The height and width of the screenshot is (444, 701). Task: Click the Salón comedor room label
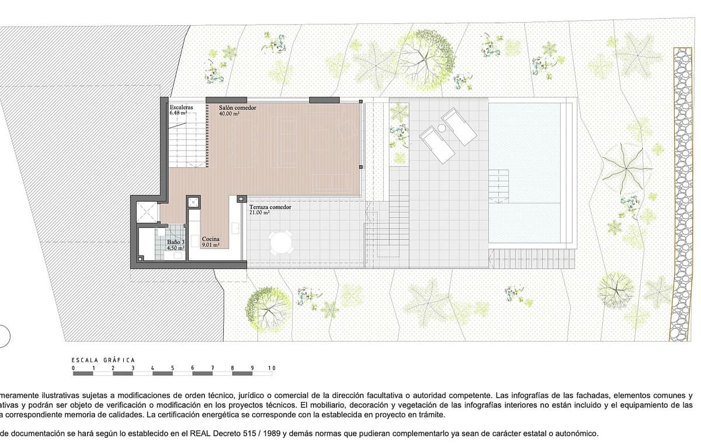point(238,108)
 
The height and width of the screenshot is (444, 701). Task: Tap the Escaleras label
point(182,108)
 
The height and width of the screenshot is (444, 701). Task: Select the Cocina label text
point(211,239)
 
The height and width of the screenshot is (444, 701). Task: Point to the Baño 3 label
point(176,242)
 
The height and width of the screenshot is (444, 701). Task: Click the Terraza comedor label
point(270,207)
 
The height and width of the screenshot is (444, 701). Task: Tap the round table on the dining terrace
point(282,243)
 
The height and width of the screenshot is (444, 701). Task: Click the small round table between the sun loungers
point(442,128)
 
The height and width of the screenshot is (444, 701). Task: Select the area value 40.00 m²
point(230,114)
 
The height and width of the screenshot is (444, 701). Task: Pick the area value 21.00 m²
point(259,214)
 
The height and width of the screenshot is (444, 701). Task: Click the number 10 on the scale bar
point(271,368)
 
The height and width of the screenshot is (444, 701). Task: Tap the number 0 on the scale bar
point(73,368)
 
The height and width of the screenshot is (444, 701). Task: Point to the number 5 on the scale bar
point(172,368)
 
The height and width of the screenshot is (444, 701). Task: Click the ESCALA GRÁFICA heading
point(103,360)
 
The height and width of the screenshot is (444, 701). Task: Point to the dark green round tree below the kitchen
point(268,307)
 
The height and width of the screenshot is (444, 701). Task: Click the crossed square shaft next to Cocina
point(193,202)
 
